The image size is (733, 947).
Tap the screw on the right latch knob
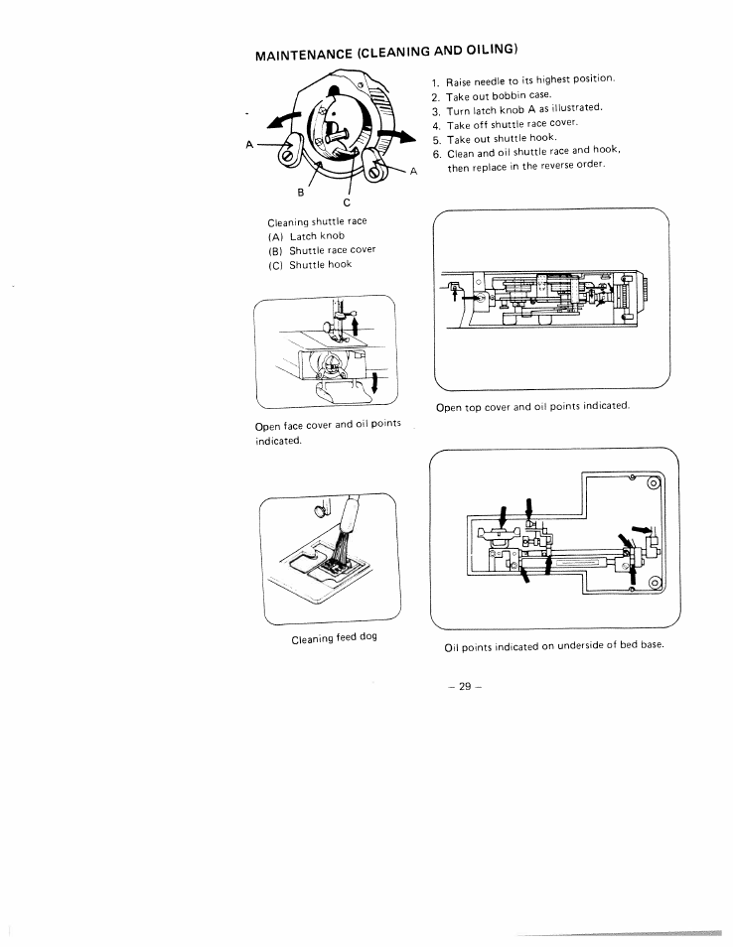click(x=375, y=174)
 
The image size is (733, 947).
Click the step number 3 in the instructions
click(x=435, y=111)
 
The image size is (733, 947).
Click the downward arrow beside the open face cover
click(x=374, y=383)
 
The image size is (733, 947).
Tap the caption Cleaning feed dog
click(x=334, y=638)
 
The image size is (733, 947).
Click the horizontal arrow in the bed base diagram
click(x=643, y=528)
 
